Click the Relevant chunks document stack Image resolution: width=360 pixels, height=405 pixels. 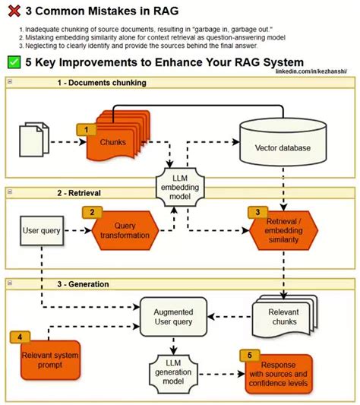coord(284,316)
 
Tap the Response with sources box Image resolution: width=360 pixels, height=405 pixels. coord(279,373)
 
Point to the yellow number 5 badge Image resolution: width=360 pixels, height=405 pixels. coord(248,355)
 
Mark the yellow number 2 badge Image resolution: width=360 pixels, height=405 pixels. coord(93,212)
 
